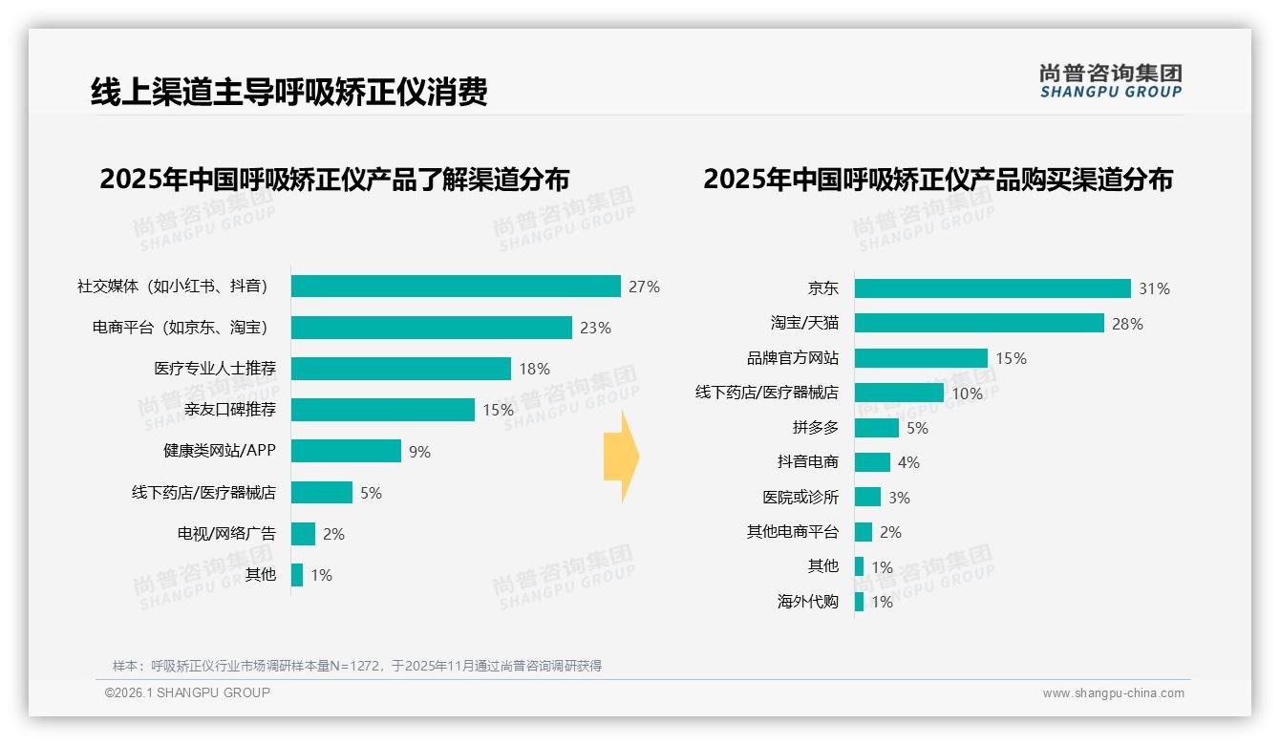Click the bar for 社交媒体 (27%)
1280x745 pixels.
coord(456,287)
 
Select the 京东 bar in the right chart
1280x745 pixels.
coord(992,288)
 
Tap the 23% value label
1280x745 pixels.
coord(595,328)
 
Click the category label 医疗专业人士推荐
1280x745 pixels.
coord(215,369)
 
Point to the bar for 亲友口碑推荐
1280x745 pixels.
coord(382,410)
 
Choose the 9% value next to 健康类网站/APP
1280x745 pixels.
coord(419,452)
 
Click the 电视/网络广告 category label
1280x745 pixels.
coord(226,534)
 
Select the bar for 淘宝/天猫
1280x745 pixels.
coord(979,323)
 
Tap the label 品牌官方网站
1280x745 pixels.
coord(792,358)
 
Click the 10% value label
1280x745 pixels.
coord(967,394)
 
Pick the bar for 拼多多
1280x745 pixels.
coord(876,428)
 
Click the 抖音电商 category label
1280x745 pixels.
coord(807,462)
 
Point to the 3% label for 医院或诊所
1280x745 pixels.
coord(899,498)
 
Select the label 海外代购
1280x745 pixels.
coord(807,602)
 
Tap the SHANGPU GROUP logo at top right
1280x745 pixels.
coord(1110,81)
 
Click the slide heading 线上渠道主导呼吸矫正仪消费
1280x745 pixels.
coord(289,93)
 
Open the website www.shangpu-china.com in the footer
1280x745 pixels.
coord(1113,693)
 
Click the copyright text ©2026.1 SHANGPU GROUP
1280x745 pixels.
coord(187,692)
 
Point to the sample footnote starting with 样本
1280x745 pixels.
coord(357,666)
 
